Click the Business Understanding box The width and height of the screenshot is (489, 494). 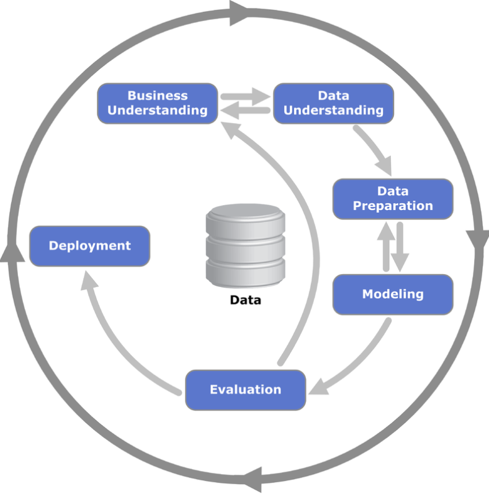click(x=158, y=103)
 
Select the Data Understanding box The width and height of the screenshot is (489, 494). click(x=333, y=103)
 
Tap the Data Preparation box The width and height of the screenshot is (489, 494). click(x=393, y=199)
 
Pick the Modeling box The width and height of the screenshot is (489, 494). click(x=393, y=294)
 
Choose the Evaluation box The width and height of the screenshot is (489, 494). click(x=246, y=390)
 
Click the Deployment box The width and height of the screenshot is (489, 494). click(x=90, y=246)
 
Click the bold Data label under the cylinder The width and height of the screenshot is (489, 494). click(x=246, y=301)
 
